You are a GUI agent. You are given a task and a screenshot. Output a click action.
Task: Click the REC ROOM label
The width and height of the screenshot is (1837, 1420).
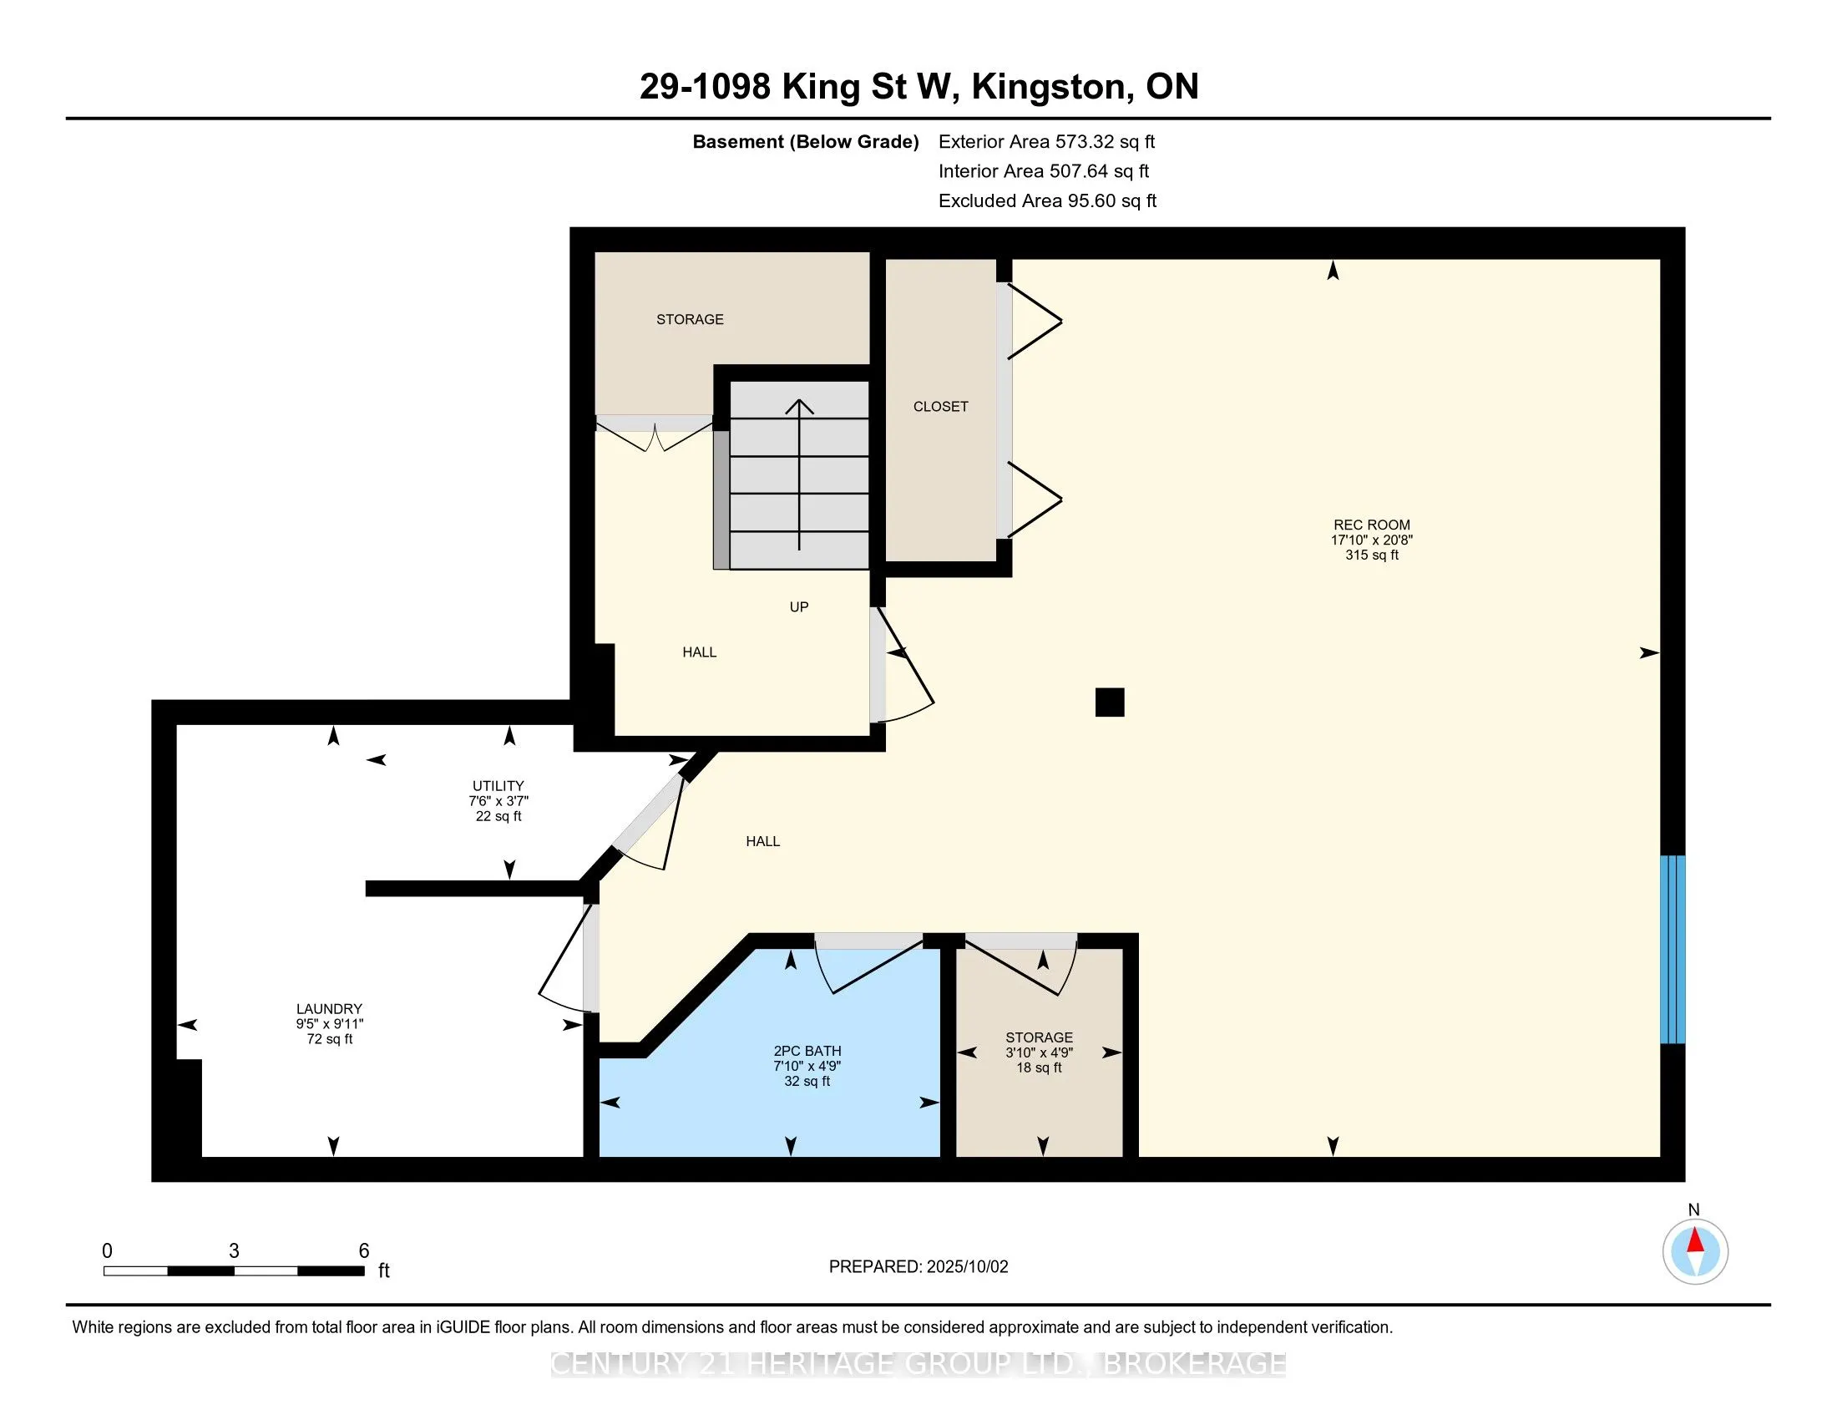coord(1371,525)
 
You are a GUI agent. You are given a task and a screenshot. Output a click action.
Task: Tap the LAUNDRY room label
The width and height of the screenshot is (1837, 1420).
coord(329,1009)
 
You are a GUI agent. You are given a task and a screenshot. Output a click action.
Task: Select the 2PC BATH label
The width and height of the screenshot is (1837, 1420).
coord(807,1051)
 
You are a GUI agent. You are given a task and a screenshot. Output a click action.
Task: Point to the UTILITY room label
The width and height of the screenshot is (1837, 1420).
coord(498,786)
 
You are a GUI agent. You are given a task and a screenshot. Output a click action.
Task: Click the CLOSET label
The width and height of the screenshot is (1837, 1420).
coord(940,406)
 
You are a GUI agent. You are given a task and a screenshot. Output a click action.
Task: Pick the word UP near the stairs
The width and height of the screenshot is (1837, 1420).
coord(799,606)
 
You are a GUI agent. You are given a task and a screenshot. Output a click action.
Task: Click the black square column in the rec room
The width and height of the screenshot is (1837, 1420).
coord(1110,702)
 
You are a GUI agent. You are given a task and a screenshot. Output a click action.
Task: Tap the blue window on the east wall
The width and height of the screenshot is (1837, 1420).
coord(1673,949)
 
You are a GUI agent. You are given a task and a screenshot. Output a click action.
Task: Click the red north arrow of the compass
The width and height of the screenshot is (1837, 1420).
coord(1695,1240)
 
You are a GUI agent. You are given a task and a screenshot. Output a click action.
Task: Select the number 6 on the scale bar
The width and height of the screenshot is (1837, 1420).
coord(364,1251)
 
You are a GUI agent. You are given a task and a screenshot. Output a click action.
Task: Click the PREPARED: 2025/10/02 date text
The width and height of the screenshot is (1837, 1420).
coord(918,1267)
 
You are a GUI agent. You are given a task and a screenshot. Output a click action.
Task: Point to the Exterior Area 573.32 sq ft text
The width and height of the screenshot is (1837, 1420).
coord(1047,141)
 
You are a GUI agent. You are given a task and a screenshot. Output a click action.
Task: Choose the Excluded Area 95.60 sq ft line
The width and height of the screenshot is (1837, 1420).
coord(1048,200)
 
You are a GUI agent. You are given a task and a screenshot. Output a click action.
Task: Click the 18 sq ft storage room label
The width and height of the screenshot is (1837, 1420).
coord(1039,1068)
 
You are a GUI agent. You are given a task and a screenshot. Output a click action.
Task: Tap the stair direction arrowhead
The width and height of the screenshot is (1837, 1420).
coord(799,406)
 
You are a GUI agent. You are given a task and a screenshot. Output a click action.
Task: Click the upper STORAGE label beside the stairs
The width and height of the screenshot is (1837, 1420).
coord(690,319)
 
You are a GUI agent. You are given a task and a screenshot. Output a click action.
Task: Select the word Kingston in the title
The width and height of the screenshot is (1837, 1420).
coord(1050,88)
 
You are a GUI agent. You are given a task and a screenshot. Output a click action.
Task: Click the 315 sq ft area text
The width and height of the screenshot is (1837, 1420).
coord(1372,555)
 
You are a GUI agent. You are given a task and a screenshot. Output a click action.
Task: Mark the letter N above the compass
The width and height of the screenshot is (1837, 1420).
coord(1694,1210)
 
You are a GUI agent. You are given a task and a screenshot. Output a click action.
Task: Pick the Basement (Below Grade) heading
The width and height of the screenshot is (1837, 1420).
coord(805,141)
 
